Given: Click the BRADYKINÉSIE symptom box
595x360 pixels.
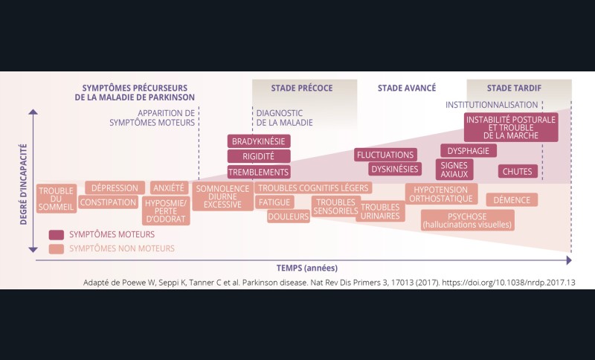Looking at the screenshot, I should [259, 141].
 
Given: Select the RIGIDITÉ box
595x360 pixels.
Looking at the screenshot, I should [259, 156].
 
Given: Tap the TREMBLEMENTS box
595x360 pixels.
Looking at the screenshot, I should [259, 172].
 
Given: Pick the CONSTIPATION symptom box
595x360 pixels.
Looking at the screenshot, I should [108, 202].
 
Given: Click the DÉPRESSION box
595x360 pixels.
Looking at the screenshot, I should [115, 188].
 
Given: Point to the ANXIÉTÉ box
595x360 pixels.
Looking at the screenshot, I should [169, 188].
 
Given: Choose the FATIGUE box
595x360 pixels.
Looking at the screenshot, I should [274, 202].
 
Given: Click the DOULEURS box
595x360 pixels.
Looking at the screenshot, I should [289, 216].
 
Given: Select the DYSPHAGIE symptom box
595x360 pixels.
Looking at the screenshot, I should [469, 151].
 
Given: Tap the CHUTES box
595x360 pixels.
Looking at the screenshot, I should [518, 171].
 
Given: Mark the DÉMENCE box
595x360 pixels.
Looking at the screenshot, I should [512, 200].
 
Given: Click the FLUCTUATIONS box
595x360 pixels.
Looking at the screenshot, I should [385, 155].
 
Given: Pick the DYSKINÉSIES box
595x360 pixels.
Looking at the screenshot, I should [395, 169].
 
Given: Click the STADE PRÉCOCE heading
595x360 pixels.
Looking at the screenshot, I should [302, 88].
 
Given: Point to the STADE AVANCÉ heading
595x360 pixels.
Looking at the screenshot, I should [407, 88].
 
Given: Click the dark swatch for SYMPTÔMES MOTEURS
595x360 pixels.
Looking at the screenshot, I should [57, 234].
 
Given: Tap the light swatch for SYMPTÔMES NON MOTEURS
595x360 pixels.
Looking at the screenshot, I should [57, 248].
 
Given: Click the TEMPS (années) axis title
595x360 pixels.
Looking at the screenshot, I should [301, 268].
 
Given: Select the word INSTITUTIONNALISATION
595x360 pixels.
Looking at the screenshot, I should [492, 105].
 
